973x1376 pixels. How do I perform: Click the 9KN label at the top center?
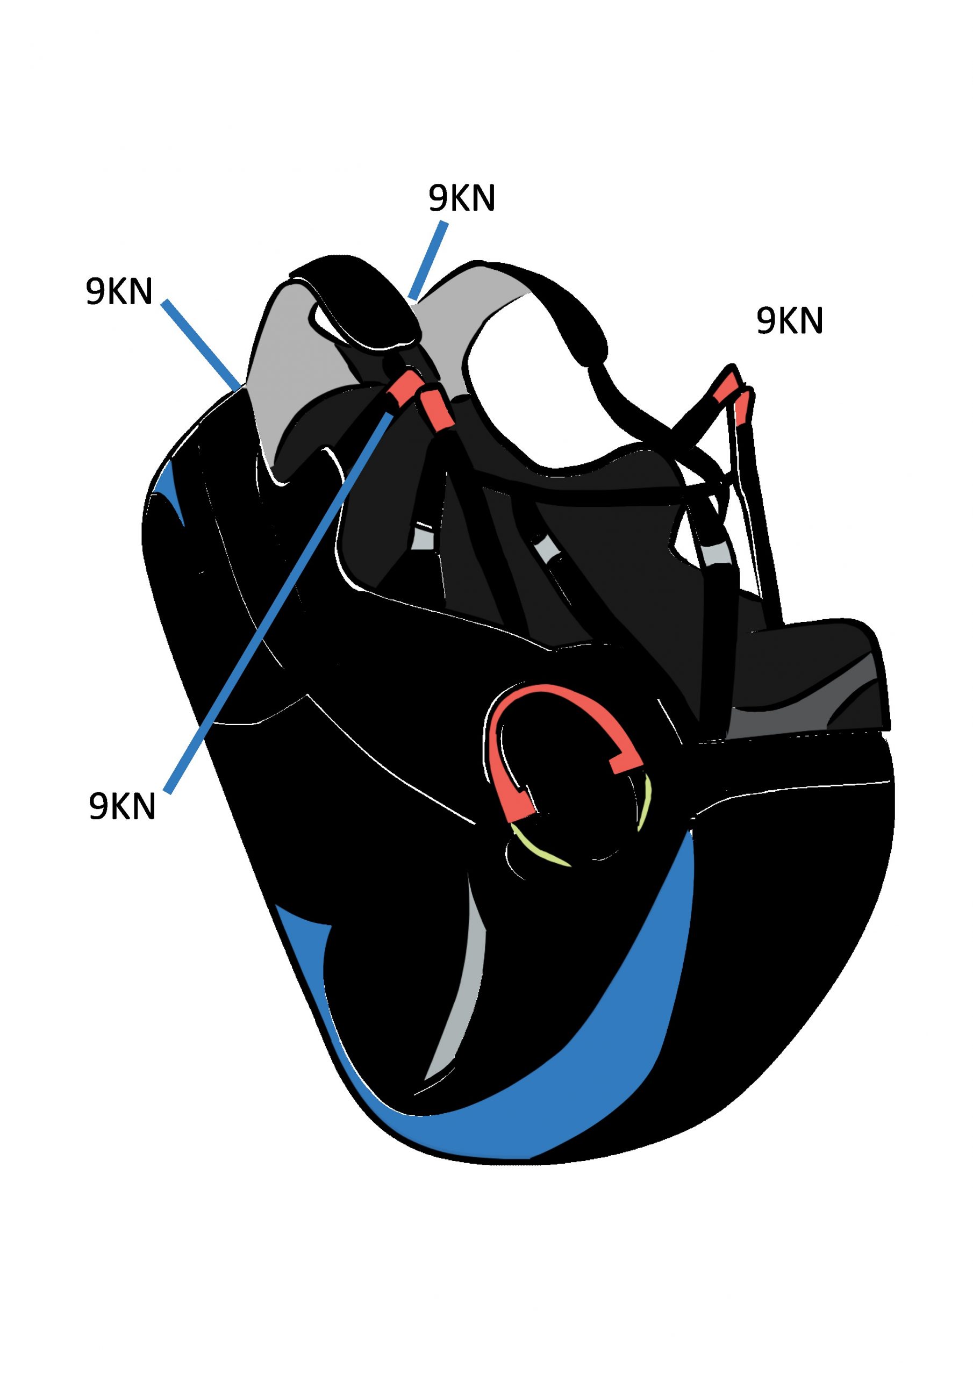[x=462, y=198]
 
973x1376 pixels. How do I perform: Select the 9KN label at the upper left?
[x=119, y=292]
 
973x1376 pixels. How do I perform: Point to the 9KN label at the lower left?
[x=123, y=806]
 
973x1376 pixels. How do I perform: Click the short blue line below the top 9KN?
[x=428, y=260]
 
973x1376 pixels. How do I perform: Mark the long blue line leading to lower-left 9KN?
[x=282, y=599]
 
